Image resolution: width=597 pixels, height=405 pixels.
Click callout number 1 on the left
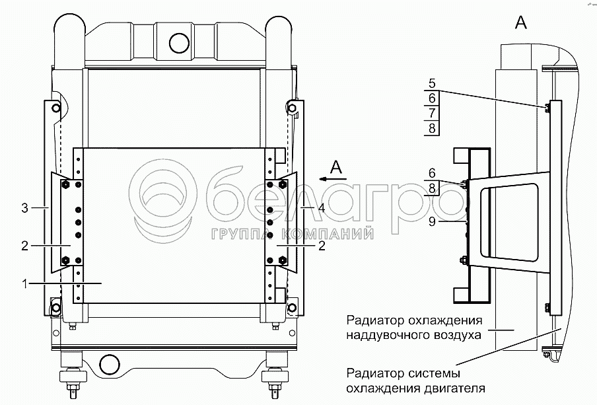coord(24,284)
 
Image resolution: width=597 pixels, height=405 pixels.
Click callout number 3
coord(24,208)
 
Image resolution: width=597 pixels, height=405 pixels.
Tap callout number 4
coord(322,208)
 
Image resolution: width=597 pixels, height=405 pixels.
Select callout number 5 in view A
coord(432,83)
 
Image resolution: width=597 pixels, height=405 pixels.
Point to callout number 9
coord(432,221)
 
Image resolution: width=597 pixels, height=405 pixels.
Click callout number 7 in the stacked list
coord(432,113)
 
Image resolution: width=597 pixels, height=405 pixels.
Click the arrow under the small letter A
coord(333,178)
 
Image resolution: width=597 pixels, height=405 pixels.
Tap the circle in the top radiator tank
coord(179,43)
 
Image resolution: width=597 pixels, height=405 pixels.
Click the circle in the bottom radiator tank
coord(109,363)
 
